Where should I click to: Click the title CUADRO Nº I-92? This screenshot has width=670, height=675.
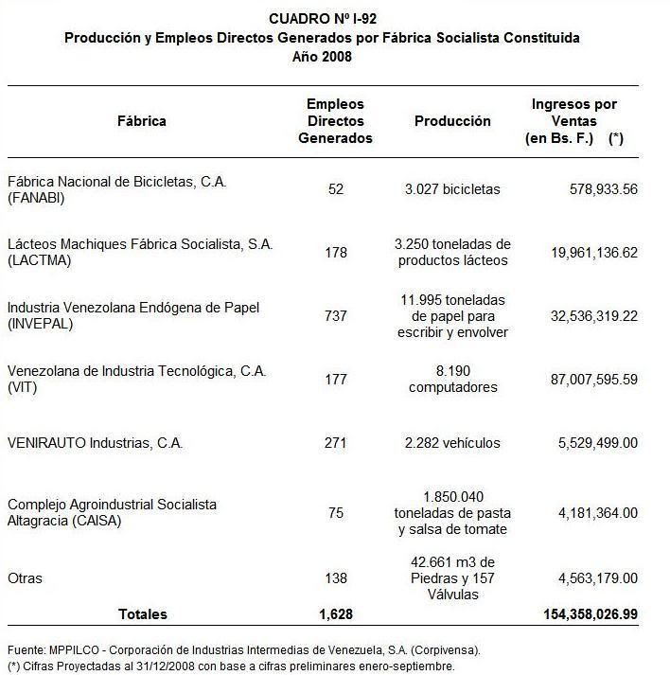pyautogui.click(x=322, y=19)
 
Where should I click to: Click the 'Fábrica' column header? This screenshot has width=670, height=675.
pyautogui.click(x=142, y=121)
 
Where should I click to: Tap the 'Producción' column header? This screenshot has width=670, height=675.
pyautogui.click(x=452, y=121)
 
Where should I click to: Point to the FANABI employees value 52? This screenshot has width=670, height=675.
pyautogui.click(x=336, y=189)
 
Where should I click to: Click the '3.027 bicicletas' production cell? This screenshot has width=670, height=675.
pyautogui.click(x=453, y=189)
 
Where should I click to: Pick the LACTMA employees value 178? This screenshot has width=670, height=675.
pyautogui.click(x=336, y=253)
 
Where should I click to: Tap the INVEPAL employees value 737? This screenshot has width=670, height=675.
pyautogui.click(x=336, y=315)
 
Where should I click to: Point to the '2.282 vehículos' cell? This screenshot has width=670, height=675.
pyautogui.click(x=453, y=443)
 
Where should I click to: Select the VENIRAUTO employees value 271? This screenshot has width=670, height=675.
pyautogui.click(x=336, y=443)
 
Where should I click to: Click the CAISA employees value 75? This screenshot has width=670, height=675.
pyautogui.click(x=336, y=513)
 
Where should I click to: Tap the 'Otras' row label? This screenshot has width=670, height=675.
pyautogui.click(x=25, y=577)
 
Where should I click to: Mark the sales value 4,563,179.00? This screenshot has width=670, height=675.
pyautogui.click(x=589, y=577)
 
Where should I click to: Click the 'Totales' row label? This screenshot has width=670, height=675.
pyautogui.click(x=142, y=614)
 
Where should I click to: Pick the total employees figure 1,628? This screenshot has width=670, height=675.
pyautogui.click(x=336, y=614)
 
